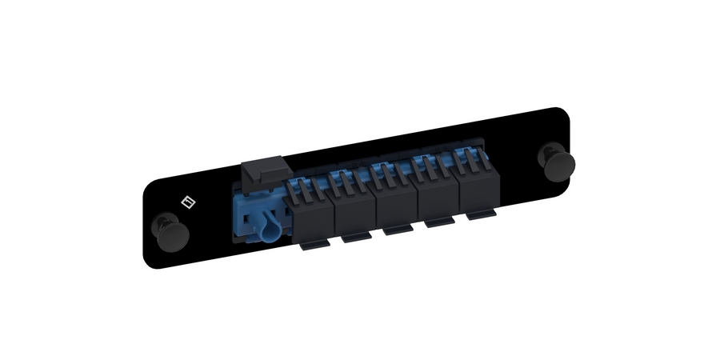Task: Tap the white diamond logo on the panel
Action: (x=188, y=202)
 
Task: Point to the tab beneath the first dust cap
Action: (x=311, y=246)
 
